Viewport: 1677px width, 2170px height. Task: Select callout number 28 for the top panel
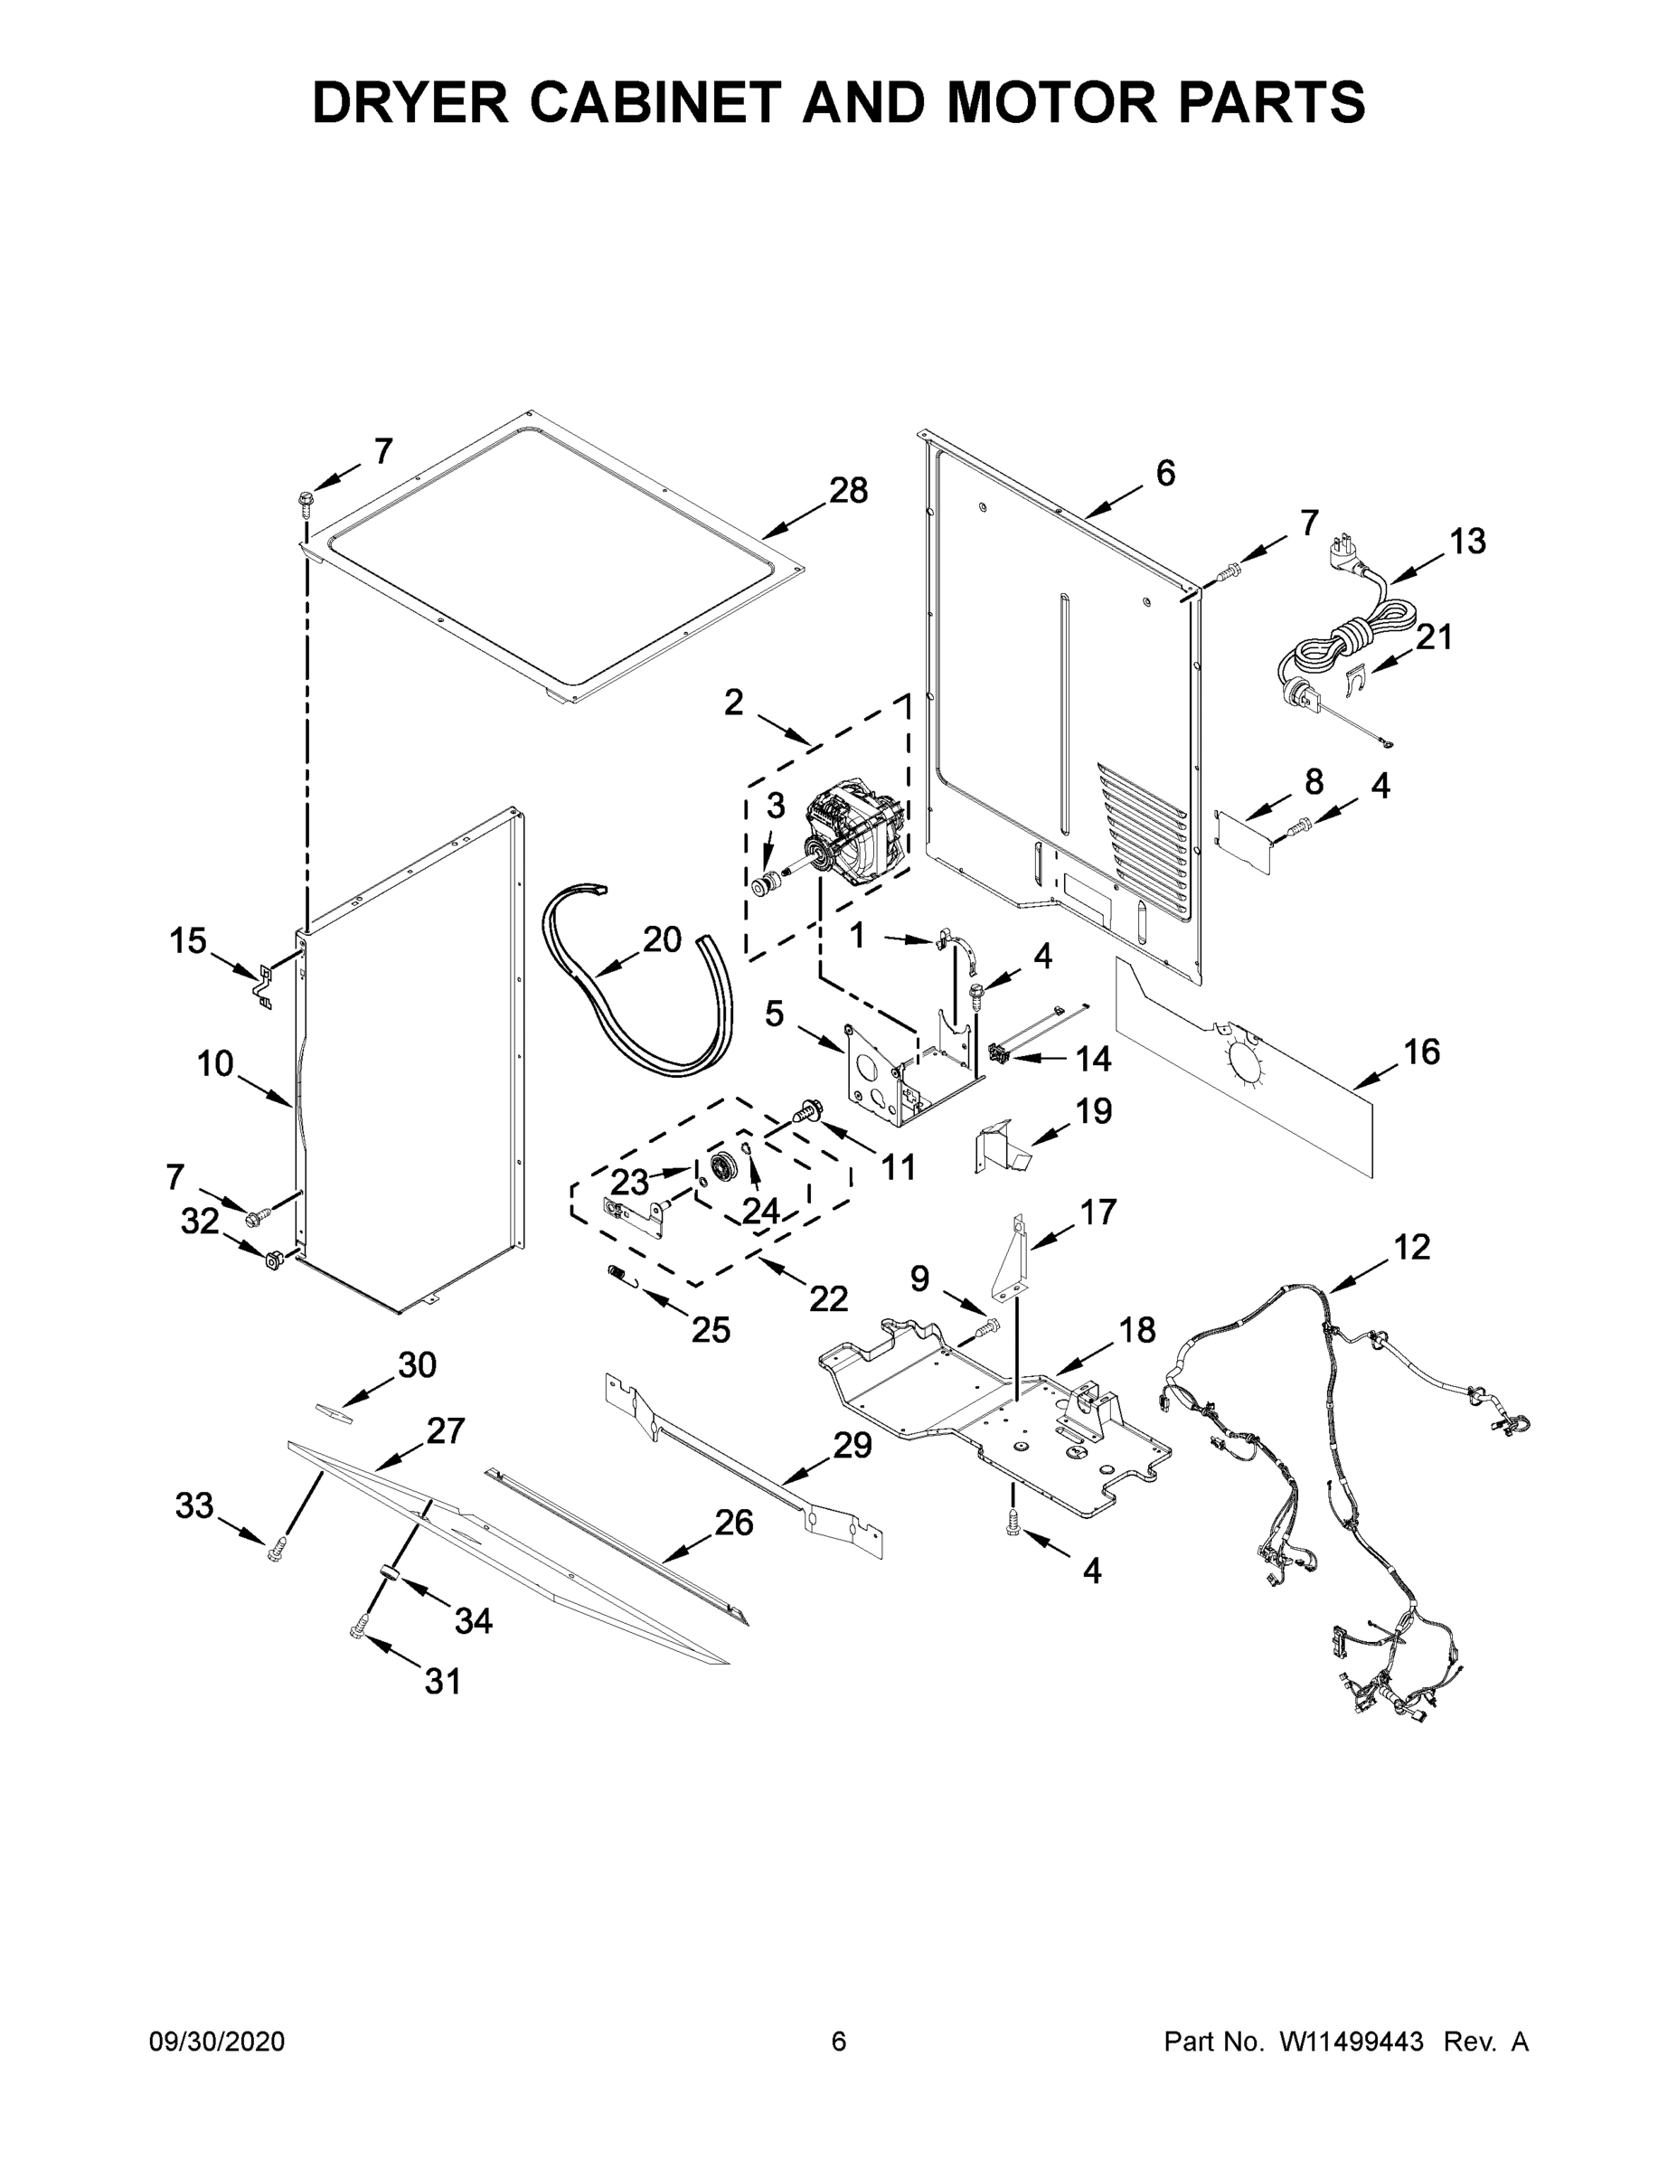[x=847, y=491]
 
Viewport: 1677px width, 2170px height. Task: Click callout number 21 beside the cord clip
[x=1434, y=637]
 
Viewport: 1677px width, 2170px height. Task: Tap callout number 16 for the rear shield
[x=1422, y=1052]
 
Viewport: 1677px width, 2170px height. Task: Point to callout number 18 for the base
[x=1137, y=1329]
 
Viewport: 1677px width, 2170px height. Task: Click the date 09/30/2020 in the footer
[x=217, y=2042]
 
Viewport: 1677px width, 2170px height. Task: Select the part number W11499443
[x=1352, y=2042]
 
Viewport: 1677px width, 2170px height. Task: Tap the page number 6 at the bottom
[x=839, y=2042]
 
